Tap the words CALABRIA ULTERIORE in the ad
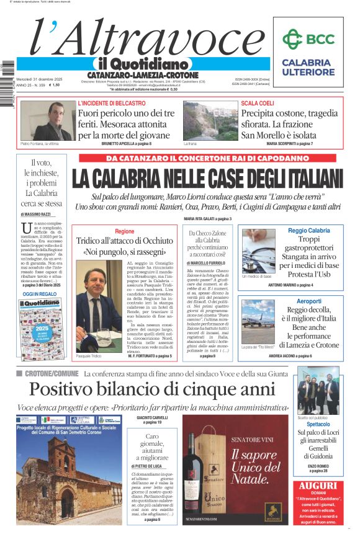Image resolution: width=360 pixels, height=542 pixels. click(307, 67)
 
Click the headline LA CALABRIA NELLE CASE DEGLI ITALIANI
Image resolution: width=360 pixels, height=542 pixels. click(207, 179)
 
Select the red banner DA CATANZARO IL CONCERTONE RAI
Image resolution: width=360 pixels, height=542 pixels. click(210, 158)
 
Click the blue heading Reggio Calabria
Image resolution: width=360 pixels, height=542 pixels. click(309, 231)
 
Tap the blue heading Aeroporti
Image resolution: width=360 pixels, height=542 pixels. click(308, 301)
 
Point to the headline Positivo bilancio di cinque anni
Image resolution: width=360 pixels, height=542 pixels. click(152, 389)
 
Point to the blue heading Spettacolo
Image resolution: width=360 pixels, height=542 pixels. click(318, 424)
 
